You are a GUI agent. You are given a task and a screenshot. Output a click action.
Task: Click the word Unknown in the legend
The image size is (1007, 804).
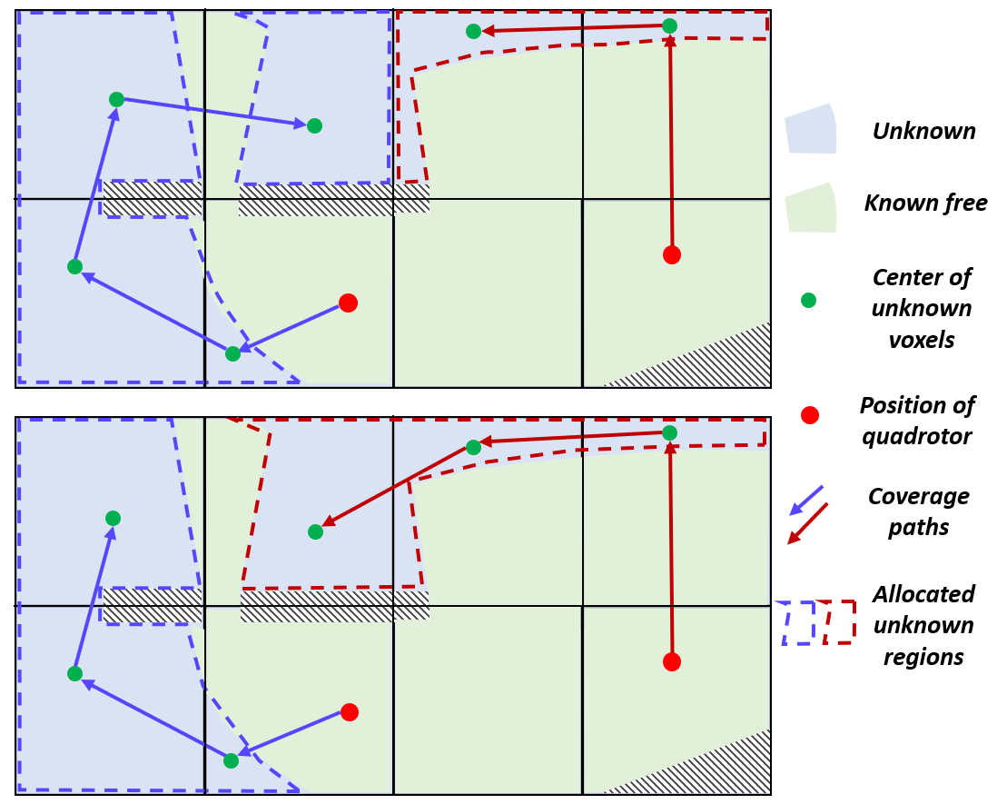[x=923, y=132]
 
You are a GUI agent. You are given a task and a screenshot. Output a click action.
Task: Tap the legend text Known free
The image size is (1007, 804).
[x=925, y=203]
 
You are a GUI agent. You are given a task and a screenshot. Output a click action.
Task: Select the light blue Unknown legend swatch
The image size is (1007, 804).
[x=810, y=129]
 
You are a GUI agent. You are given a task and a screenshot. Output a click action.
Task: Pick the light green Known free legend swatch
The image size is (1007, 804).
[x=810, y=208]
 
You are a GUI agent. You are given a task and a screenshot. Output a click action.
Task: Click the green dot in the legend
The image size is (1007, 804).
[x=808, y=300]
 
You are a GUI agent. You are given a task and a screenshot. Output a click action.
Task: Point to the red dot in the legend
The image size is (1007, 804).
[x=810, y=415]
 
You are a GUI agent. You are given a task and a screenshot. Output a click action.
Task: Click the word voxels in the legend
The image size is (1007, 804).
[x=921, y=341]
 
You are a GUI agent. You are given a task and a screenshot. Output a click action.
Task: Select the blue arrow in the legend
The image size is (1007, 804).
[x=805, y=500]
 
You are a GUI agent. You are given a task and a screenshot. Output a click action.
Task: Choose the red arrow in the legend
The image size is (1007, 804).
[x=807, y=524]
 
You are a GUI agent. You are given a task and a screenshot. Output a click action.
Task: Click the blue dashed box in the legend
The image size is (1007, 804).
[x=798, y=623]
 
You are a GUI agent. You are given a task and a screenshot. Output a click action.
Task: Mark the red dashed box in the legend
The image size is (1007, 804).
[x=840, y=622]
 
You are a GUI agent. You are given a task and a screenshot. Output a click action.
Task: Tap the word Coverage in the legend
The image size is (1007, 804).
[x=918, y=497]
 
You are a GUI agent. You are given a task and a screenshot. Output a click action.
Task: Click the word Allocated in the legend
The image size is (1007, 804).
[x=923, y=595]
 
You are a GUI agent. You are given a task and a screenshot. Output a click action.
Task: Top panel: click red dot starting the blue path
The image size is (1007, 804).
[x=347, y=303]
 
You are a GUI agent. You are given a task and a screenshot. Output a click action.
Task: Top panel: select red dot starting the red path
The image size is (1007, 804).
[x=671, y=255]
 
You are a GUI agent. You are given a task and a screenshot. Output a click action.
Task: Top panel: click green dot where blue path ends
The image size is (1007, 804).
[x=314, y=125]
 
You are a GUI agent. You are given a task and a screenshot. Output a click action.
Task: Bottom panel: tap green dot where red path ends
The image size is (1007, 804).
[x=315, y=531]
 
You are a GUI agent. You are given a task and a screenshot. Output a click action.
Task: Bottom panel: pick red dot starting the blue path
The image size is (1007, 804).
[x=350, y=712]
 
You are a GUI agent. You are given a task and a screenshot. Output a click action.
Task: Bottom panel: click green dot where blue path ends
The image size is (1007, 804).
[x=113, y=518]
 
